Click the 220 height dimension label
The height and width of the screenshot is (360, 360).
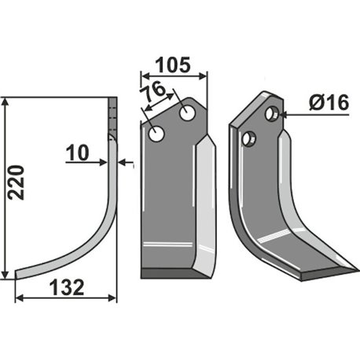tap(17, 182)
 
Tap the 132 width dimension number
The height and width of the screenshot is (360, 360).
tap(67, 288)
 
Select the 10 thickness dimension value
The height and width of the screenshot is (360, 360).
tap(77, 153)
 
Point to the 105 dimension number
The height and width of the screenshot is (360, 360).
tap(173, 65)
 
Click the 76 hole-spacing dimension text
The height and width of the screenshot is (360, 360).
tap(152, 91)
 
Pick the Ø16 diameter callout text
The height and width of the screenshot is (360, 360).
tap(329, 102)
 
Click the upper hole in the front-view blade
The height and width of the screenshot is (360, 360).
tap(188, 113)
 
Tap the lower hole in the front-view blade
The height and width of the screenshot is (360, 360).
tap(156, 134)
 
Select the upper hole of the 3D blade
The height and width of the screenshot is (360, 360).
tap(273, 113)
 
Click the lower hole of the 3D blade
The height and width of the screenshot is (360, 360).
tap(249, 139)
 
